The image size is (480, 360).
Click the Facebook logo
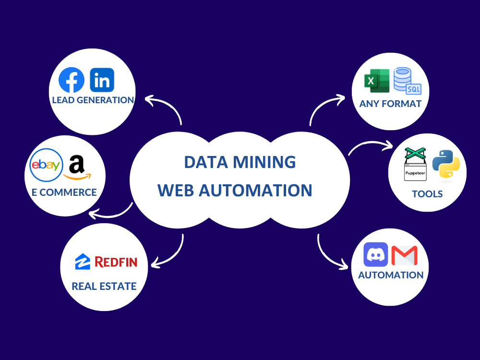72,80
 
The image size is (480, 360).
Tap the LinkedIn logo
102,80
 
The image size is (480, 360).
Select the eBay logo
46,165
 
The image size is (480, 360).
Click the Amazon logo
77,168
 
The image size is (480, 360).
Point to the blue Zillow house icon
83,262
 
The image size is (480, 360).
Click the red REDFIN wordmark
116,262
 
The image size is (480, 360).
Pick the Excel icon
377,81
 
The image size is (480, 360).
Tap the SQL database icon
407,81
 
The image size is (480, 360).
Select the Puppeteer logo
415,164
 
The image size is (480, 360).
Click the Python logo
446,164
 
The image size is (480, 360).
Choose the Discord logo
376,255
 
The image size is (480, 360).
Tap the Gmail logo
404,255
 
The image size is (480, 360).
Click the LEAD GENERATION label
93,100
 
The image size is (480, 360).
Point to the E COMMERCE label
64,192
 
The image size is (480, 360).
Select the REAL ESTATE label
104,286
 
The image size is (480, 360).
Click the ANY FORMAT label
390,104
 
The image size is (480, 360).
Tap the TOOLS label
427,194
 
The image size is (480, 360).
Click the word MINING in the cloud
264,162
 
